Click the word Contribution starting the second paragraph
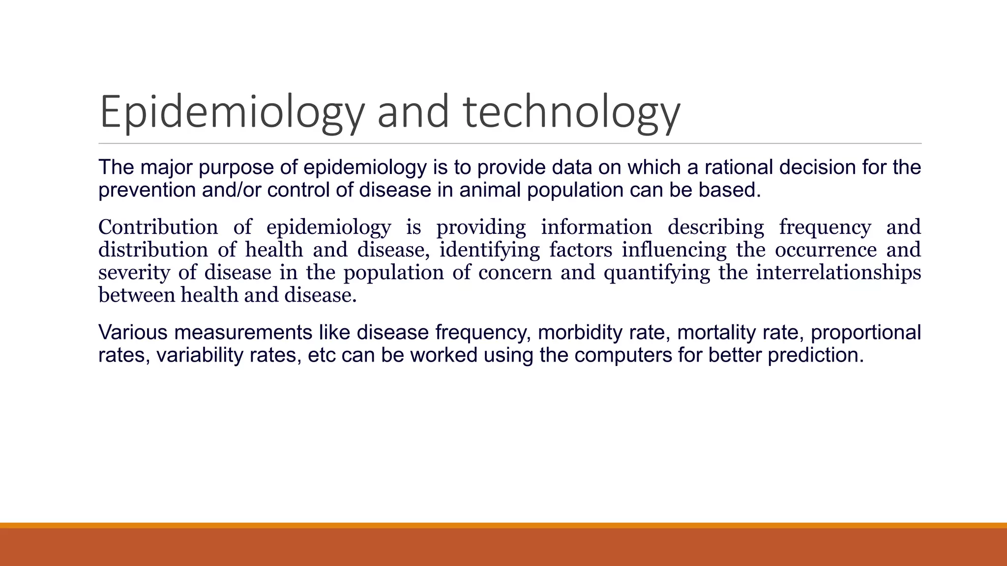[x=158, y=227]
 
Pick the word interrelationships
[x=838, y=272]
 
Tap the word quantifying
[x=657, y=272]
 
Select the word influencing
[x=674, y=250]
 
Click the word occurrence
[x=826, y=250]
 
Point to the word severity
[x=134, y=272]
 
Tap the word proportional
[x=865, y=333]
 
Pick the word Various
[x=133, y=333]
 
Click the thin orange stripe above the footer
[x=503, y=525]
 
